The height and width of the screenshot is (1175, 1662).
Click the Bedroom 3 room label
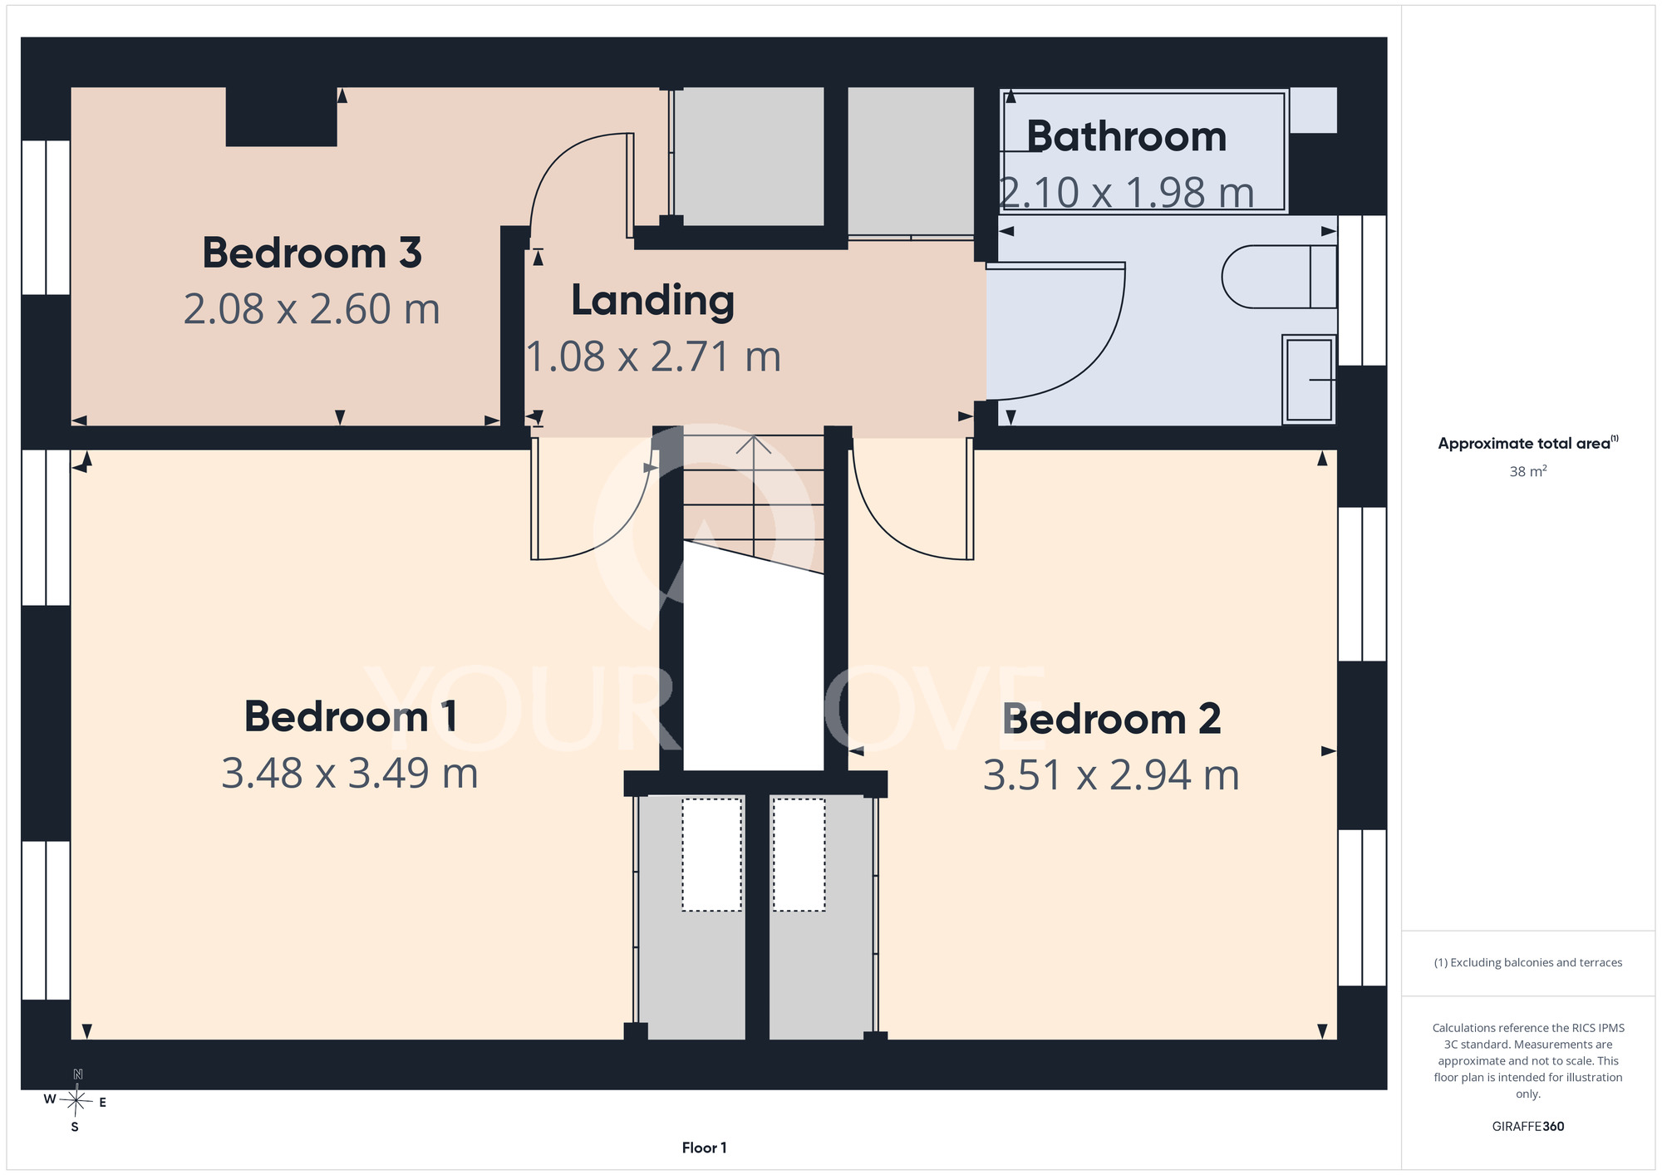coord(312,253)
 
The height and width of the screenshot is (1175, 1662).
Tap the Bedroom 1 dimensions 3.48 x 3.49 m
coord(350,774)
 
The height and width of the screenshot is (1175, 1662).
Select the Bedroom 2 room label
coord(1112,719)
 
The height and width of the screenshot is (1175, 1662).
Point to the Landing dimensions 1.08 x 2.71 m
coord(654,356)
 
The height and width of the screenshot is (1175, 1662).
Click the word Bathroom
coord(1127,136)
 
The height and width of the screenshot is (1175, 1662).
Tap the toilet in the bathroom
coord(1279,277)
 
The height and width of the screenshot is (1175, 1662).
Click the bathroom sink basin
coord(1310,379)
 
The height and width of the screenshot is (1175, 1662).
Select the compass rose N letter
coord(78,1074)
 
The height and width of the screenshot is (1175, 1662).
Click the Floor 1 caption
coord(704,1148)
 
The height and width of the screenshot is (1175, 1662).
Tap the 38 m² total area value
coord(1527,471)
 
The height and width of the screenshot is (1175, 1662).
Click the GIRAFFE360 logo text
coord(1527,1127)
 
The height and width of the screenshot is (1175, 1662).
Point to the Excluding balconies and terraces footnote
coord(1527,962)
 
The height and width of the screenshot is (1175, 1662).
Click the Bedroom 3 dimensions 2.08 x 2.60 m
coord(312,309)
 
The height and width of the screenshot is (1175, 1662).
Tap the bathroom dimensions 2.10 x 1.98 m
coord(1127,193)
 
